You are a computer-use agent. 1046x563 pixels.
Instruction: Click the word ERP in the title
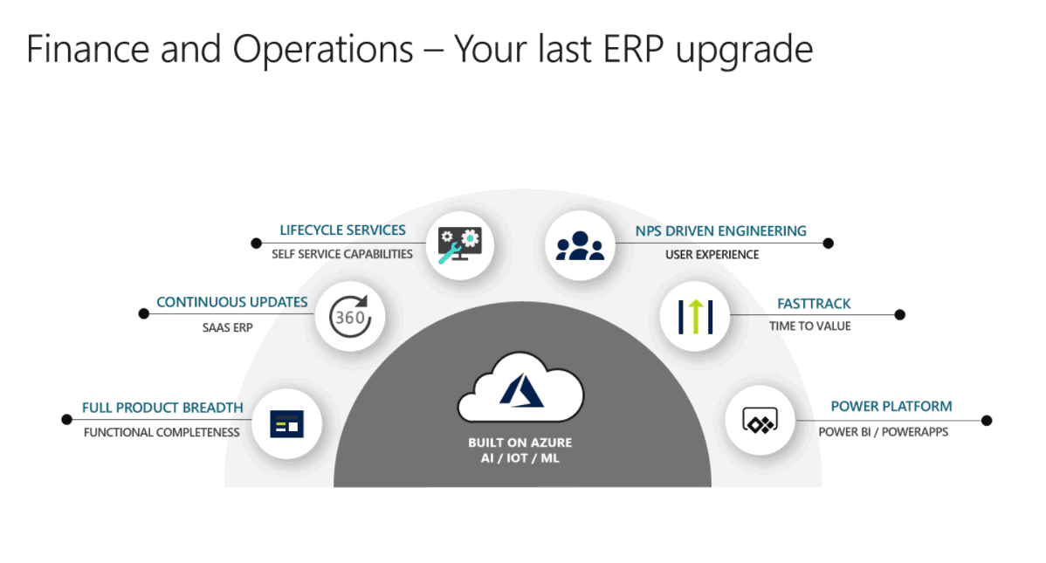click(634, 49)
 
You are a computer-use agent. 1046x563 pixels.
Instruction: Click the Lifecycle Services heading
click(342, 230)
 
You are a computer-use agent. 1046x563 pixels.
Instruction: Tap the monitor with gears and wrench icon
click(459, 244)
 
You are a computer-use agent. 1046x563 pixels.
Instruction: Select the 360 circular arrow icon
click(349, 316)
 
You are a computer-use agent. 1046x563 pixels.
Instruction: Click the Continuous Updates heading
click(232, 302)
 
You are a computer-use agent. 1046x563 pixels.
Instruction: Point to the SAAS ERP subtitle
click(228, 327)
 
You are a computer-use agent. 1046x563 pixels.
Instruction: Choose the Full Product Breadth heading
click(162, 408)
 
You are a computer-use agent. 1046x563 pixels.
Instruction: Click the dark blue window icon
click(287, 424)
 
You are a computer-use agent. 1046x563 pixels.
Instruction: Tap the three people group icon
click(580, 245)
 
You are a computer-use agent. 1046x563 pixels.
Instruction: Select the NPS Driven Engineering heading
click(720, 230)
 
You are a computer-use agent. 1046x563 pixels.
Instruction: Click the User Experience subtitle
click(712, 255)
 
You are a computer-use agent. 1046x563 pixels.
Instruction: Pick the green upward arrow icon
click(695, 316)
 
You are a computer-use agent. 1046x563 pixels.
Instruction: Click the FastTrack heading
click(814, 304)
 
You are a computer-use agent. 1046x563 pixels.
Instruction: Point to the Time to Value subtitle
click(810, 326)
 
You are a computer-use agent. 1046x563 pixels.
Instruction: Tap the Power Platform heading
click(891, 406)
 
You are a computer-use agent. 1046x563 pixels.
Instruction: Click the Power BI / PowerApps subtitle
click(884, 432)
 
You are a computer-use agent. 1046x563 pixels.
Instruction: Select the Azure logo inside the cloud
click(521, 390)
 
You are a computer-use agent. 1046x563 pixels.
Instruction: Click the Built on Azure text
click(520, 443)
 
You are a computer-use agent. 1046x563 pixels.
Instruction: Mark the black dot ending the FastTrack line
click(900, 315)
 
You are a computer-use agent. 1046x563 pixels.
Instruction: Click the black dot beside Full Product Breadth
click(66, 420)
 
